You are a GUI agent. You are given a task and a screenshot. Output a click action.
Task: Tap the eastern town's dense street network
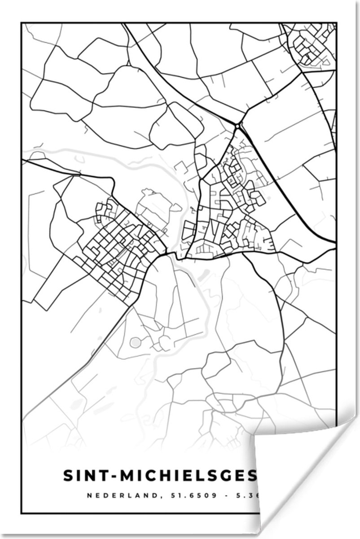[x=229, y=211]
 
